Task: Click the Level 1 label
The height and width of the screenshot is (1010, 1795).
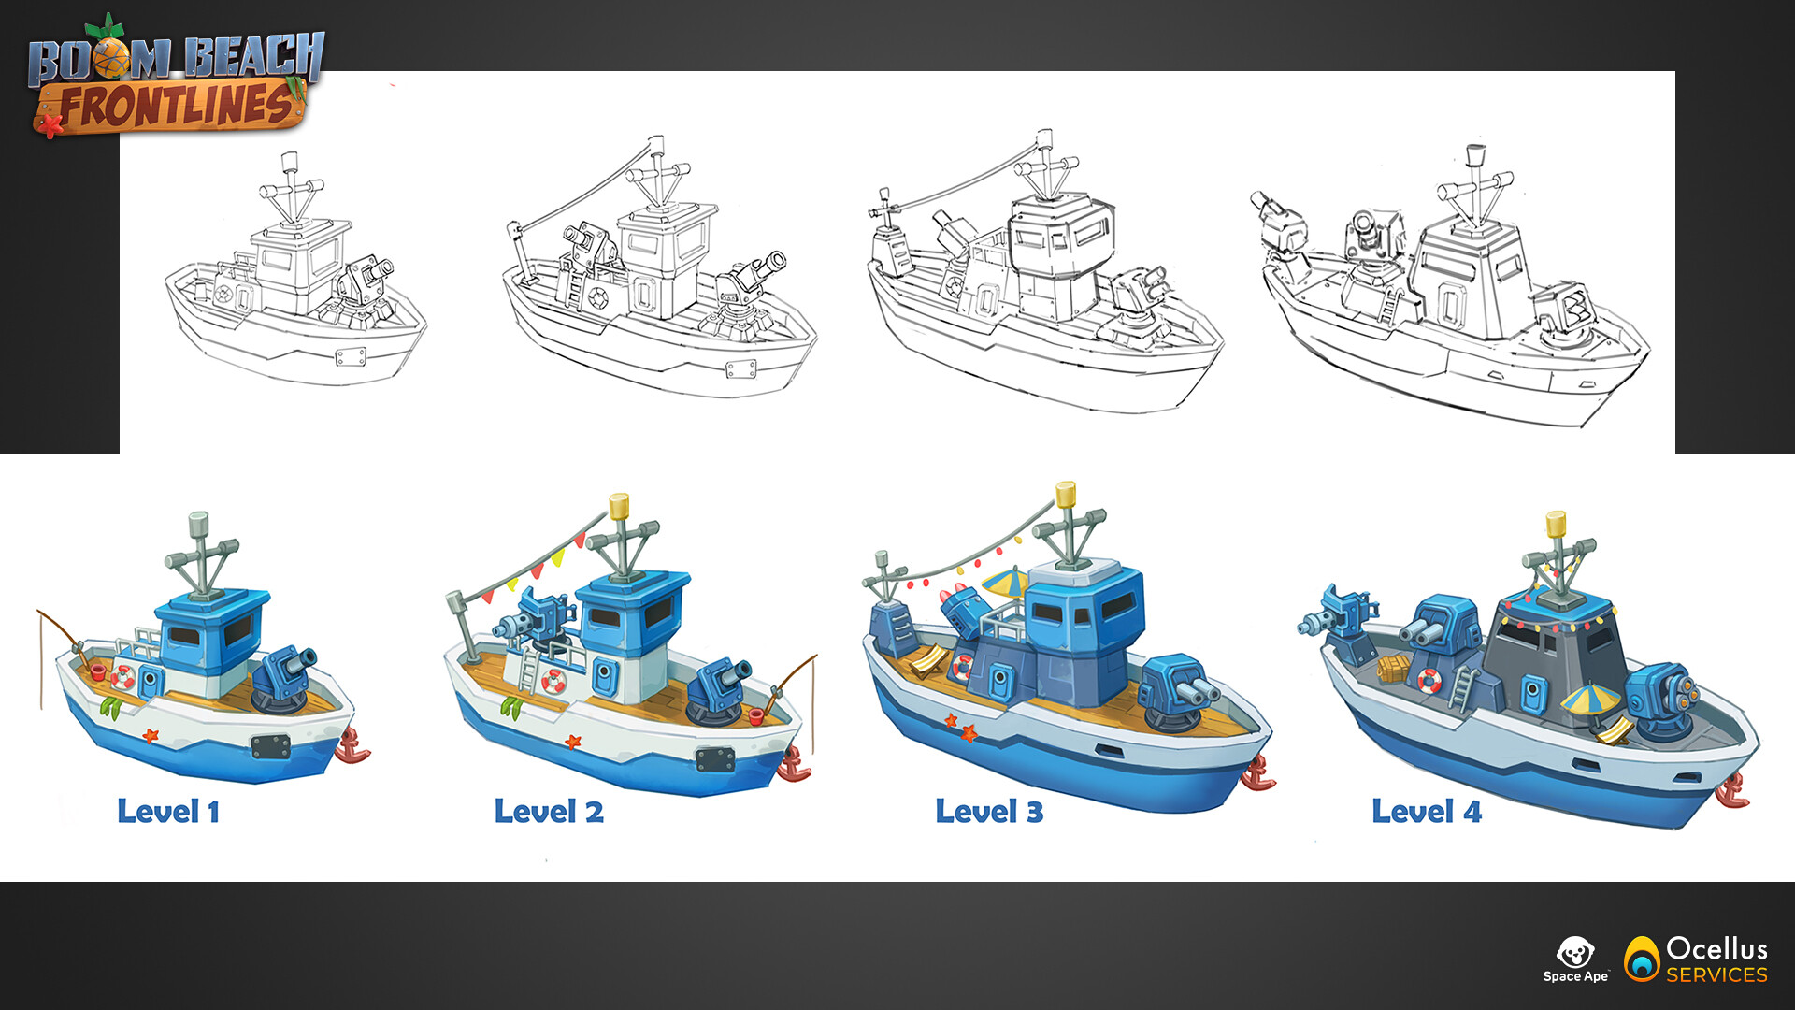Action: pyautogui.click(x=168, y=811)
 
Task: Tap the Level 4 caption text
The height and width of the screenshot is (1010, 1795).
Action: pyautogui.click(x=1427, y=811)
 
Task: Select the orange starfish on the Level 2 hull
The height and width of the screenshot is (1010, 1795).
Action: pyautogui.click(x=572, y=742)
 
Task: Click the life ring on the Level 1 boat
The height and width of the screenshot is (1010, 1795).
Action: pyautogui.click(x=122, y=676)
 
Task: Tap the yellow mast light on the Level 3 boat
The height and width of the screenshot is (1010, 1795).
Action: pyautogui.click(x=1066, y=494)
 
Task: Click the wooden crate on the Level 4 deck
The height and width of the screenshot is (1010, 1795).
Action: pyautogui.click(x=1392, y=668)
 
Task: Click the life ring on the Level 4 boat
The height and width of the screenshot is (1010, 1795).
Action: pyautogui.click(x=1429, y=680)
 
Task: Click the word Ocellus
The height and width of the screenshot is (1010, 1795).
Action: pyautogui.click(x=1717, y=948)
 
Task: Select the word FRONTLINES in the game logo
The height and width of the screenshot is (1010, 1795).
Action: pyautogui.click(x=177, y=105)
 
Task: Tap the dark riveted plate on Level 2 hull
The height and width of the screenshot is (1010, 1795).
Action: pyautogui.click(x=714, y=758)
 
